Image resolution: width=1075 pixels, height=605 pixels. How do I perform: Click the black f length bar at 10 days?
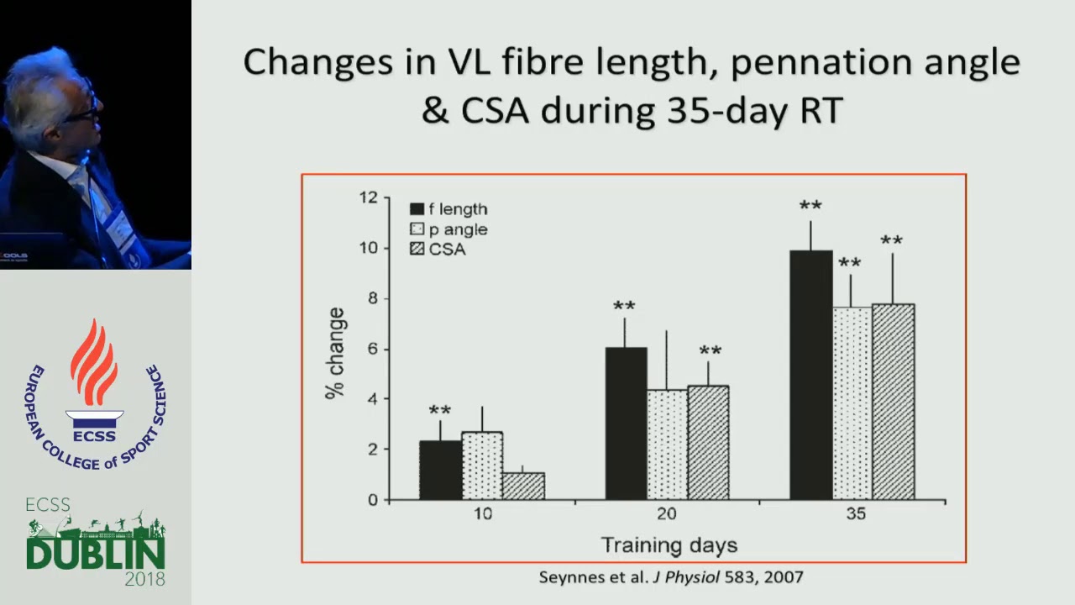pyautogui.click(x=440, y=471)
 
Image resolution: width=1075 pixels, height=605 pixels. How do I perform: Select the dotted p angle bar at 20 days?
pyautogui.click(x=667, y=445)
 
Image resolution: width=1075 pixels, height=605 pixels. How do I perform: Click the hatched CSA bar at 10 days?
pyautogui.click(x=522, y=487)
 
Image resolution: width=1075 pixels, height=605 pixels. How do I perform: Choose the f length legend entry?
pyautogui.click(x=448, y=209)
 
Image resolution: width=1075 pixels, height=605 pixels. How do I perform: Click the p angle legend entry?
pyautogui.click(x=448, y=229)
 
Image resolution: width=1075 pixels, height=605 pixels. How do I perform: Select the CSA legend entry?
pyautogui.click(x=438, y=250)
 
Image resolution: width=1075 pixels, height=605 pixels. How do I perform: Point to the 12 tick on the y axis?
pyautogui.click(x=368, y=197)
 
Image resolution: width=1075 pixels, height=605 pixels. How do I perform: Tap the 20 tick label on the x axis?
pyautogui.click(x=667, y=514)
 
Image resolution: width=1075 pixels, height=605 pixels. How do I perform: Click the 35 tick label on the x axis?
pyautogui.click(x=855, y=514)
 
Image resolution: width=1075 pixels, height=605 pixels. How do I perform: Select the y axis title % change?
pyautogui.click(x=336, y=353)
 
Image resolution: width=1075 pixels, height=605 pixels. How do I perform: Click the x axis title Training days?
pyautogui.click(x=669, y=545)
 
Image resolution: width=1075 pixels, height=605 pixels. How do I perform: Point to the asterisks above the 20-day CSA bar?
pyautogui.click(x=710, y=351)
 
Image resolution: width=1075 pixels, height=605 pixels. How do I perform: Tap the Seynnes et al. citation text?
pyautogui.click(x=670, y=577)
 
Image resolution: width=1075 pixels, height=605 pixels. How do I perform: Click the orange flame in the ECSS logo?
pyautogui.click(x=94, y=361)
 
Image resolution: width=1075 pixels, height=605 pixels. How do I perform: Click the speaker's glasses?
pyautogui.click(x=84, y=109)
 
